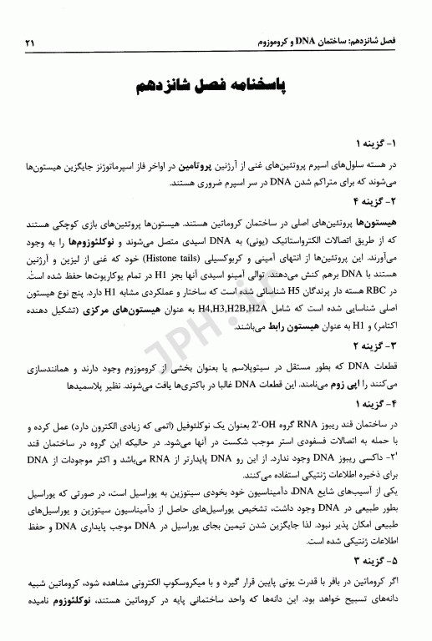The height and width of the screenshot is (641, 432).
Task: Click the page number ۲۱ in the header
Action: click(x=32, y=41)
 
